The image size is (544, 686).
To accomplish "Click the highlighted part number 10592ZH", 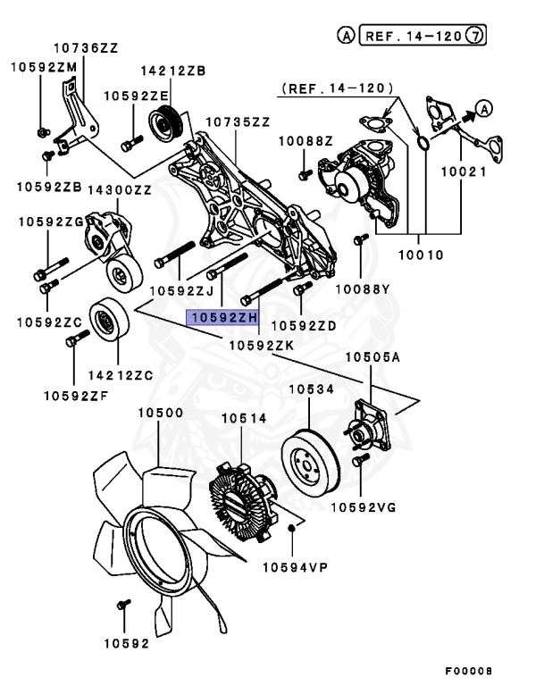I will click(222, 317).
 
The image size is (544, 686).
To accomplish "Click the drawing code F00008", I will click(469, 670).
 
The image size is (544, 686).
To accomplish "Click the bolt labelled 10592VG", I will click(360, 461).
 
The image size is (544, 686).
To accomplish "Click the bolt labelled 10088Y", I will click(360, 240).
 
